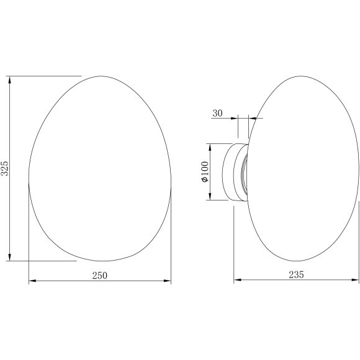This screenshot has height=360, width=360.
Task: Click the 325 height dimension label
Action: pyautogui.click(x=4, y=168)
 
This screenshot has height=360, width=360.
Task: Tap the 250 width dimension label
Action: pyautogui.click(x=100, y=276)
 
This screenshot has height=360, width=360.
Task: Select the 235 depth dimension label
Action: pyautogui.click(x=296, y=274)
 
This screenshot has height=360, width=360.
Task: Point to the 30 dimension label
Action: pyautogui.click(x=217, y=113)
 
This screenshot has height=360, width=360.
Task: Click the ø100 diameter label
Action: pyautogui.click(x=205, y=172)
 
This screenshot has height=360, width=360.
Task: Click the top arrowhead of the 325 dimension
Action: pyautogui.click(x=10, y=79)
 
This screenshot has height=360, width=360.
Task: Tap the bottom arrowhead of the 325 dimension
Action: pyautogui.click(x=10, y=258)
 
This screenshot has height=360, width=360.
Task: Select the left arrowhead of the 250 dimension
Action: pyautogui.click(x=32, y=281)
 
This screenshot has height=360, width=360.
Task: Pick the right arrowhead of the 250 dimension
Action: pyautogui.click(x=168, y=281)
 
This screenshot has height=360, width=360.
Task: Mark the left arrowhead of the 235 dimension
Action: pyautogui.click(x=237, y=280)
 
